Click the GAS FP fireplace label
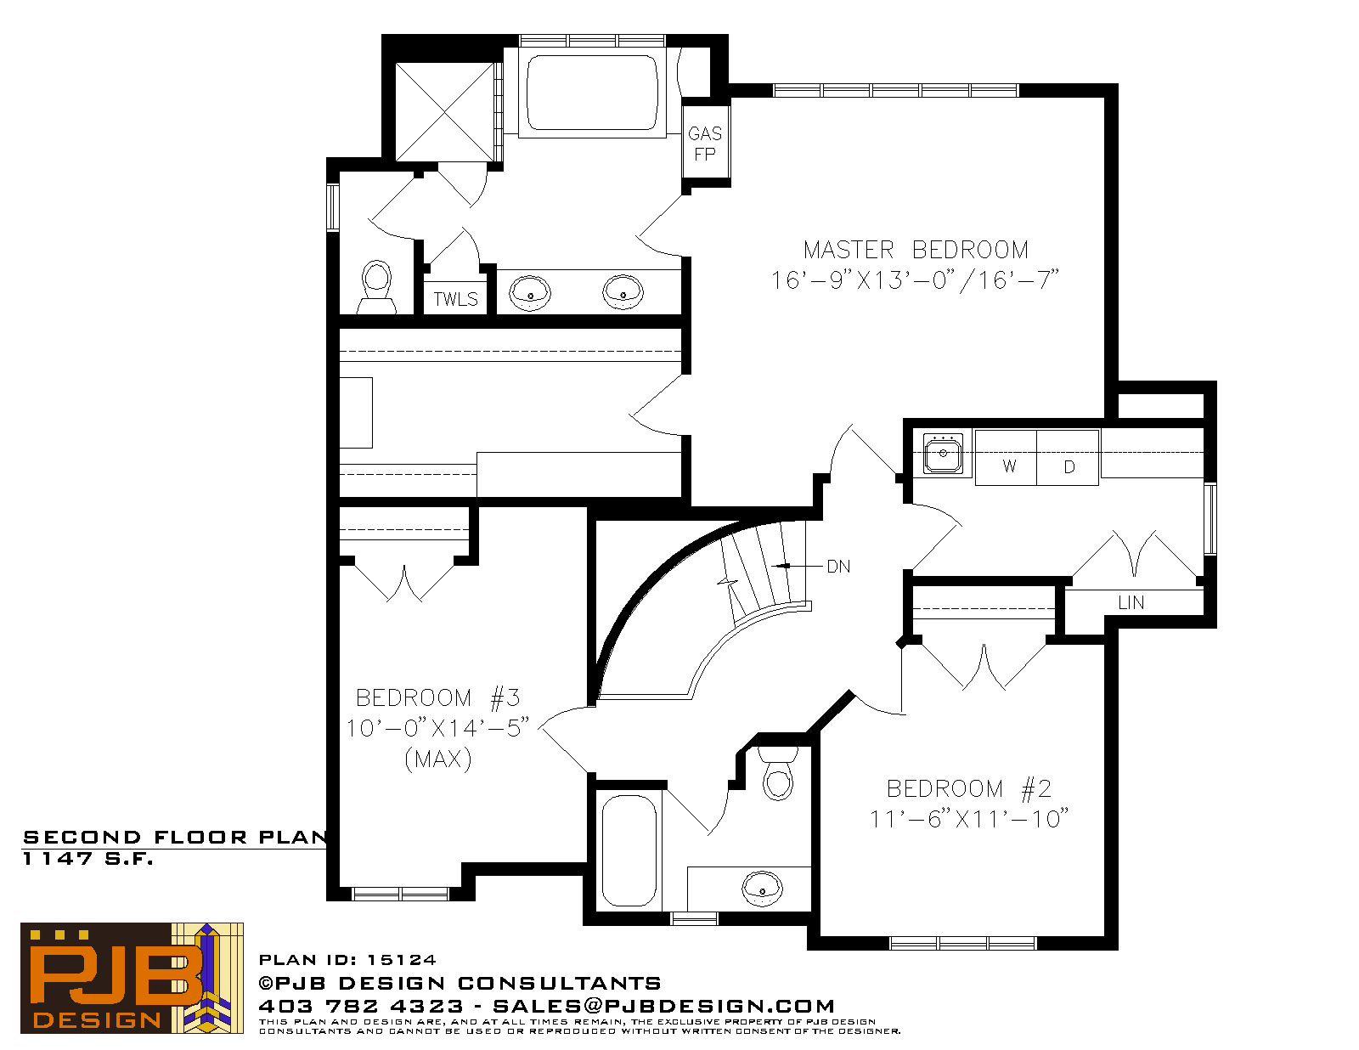tap(704, 144)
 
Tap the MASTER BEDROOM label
tap(916, 250)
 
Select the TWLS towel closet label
tap(455, 299)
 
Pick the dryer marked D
tap(1068, 457)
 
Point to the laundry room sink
tap(943, 454)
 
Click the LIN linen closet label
tap(1131, 602)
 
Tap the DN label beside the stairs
tap(838, 567)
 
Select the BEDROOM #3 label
tap(437, 697)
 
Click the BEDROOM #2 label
tap(969, 788)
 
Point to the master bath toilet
tap(376, 287)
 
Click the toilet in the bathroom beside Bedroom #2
tap(777, 773)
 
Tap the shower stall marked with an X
tap(445, 112)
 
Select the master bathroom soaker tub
tap(592, 93)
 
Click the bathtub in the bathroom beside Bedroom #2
tap(629, 850)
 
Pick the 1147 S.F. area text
tap(87, 859)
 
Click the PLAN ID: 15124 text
tap(347, 960)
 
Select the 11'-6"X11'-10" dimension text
tap(969, 819)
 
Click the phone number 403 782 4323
tap(360, 1006)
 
